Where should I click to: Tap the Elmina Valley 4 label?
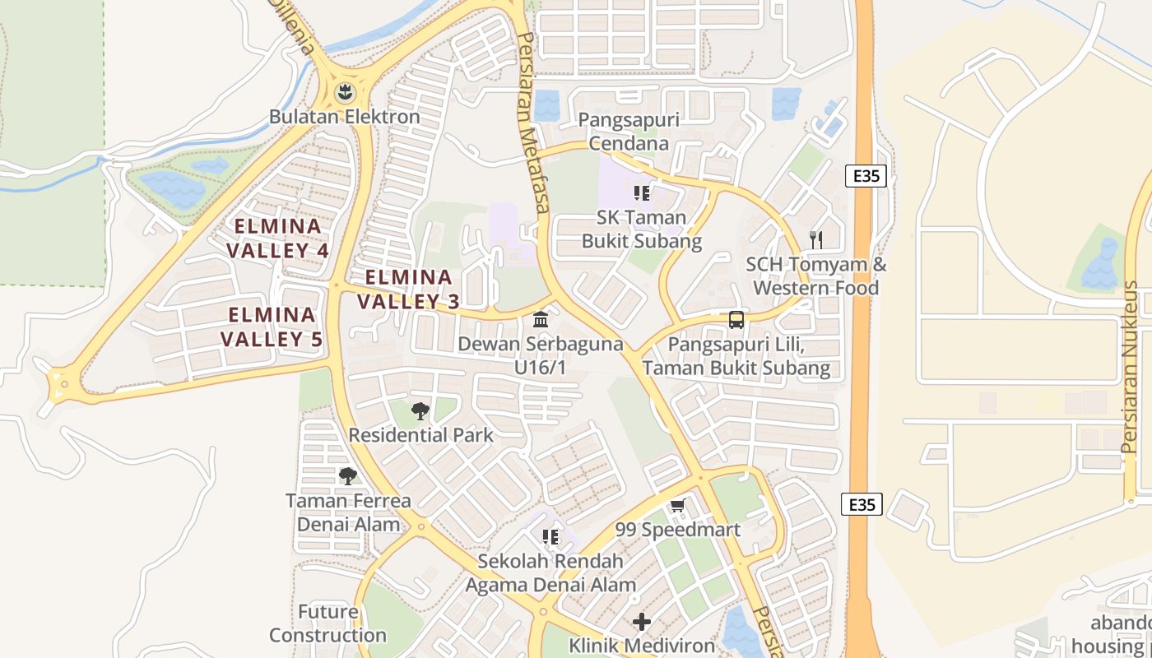coord(278,238)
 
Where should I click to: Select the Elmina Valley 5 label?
coord(272,327)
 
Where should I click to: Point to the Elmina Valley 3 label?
coord(408,289)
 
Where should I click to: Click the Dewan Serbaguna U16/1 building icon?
coord(541,319)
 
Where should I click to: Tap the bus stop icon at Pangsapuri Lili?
coord(736,320)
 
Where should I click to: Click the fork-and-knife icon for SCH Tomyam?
coord(816,240)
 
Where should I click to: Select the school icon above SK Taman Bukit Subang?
coord(642,193)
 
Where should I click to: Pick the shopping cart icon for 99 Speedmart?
coord(677,505)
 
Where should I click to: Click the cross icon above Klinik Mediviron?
coord(642,622)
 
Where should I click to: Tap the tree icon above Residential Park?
coord(420,410)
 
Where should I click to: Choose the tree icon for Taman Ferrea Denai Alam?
coord(348,475)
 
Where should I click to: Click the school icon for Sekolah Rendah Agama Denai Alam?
coord(550,537)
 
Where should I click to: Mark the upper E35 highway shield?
coord(866,175)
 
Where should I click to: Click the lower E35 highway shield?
coord(862,504)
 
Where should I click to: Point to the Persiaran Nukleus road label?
coord(1129,368)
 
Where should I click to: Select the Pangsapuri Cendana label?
coord(629,132)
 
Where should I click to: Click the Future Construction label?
coord(327,623)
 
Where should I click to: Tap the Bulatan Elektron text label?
coord(345,117)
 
